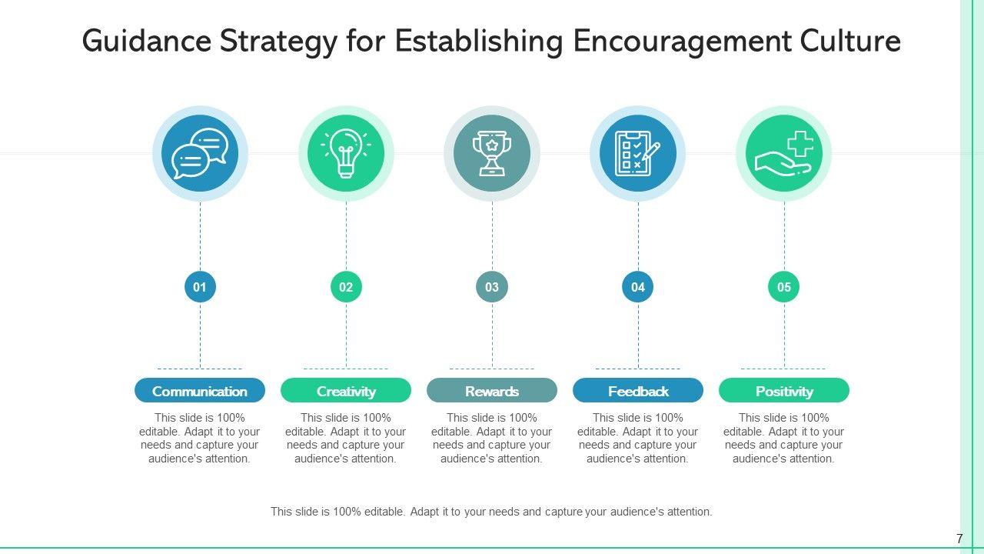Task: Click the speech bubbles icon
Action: tap(200, 153)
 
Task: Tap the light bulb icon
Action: tap(346, 153)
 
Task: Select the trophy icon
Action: tap(492, 153)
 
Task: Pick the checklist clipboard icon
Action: tap(638, 153)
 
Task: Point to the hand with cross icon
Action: tap(784, 153)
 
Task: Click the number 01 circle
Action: tap(200, 287)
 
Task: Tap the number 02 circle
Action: tap(346, 287)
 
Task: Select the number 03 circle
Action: tap(492, 287)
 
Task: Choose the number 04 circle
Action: tap(638, 287)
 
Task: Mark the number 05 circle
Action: tap(784, 287)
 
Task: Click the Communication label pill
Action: tap(200, 391)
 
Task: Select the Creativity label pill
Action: tap(346, 391)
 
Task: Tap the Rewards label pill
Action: tap(492, 391)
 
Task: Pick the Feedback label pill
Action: tap(638, 391)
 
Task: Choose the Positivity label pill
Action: tap(784, 391)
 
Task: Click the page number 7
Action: tap(959, 539)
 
